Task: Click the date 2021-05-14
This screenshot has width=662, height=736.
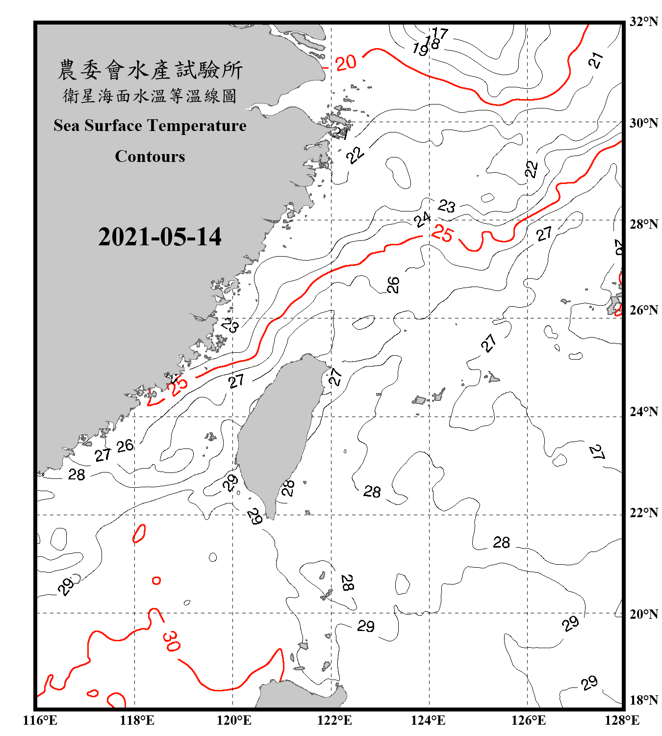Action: point(159,237)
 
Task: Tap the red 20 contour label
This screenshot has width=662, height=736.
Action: point(346,62)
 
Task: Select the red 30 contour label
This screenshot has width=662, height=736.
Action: point(171,641)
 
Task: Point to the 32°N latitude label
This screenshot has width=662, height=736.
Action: point(643,22)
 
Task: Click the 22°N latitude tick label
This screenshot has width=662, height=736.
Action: point(643,513)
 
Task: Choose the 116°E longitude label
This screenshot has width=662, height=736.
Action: point(40,720)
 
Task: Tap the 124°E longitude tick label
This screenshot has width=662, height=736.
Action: point(428,720)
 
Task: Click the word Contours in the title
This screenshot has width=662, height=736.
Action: point(150,157)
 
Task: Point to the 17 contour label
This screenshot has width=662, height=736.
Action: point(440,33)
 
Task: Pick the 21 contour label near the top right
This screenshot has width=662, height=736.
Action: point(596,60)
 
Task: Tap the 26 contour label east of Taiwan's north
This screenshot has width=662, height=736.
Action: point(393,285)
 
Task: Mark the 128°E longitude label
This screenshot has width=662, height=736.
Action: point(622,720)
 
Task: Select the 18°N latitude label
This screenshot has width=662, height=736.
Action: point(643,700)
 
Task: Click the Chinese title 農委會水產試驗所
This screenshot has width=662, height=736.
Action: point(150,70)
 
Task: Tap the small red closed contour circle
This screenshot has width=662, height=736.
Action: point(156,580)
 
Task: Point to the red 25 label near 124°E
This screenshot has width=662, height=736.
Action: point(442,234)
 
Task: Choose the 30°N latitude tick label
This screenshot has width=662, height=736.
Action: point(643,123)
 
